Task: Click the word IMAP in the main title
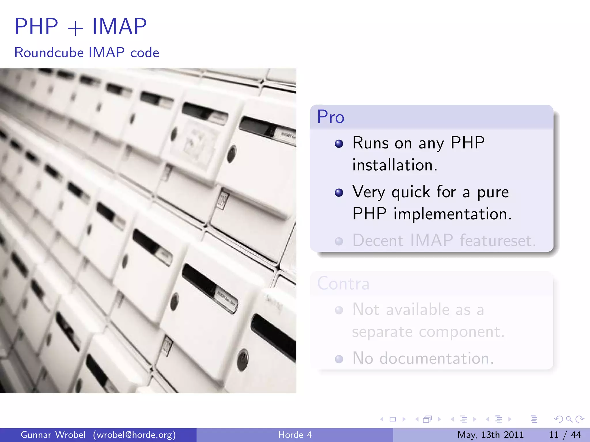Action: (x=119, y=26)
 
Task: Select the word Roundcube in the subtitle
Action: (x=49, y=53)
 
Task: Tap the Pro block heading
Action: (x=331, y=117)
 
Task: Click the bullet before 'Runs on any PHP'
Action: (x=339, y=144)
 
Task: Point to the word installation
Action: (x=395, y=165)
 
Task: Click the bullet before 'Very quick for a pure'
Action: (x=339, y=193)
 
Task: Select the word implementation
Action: (x=452, y=214)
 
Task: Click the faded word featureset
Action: (x=498, y=241)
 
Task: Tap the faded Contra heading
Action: (x=343, y=283)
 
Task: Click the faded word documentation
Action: (x=436, y=359)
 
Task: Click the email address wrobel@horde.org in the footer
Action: (x=134, y=435)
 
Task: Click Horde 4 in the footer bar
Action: (x=295, y=435)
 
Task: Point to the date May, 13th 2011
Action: (x=490, y=435)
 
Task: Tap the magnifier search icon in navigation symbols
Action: (x=569, y=419)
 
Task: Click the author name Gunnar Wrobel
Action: (x=53, y=435)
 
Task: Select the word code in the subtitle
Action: (x=145, y=53)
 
